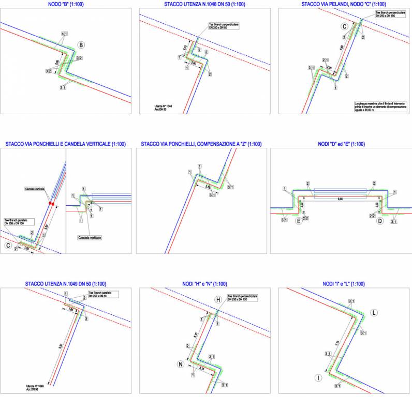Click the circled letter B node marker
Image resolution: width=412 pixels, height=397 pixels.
tap(80, 44)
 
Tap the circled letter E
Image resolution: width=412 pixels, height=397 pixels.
tap(299, 221)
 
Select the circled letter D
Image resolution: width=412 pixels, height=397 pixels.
tap(380, 221)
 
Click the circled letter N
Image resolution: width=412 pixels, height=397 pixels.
tap(181, 364)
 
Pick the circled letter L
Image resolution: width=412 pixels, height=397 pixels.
tap(374, 313)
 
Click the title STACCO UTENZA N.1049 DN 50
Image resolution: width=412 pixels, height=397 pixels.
tap(66, 284)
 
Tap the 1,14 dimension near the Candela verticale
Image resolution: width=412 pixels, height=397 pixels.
tap(89, 206)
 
